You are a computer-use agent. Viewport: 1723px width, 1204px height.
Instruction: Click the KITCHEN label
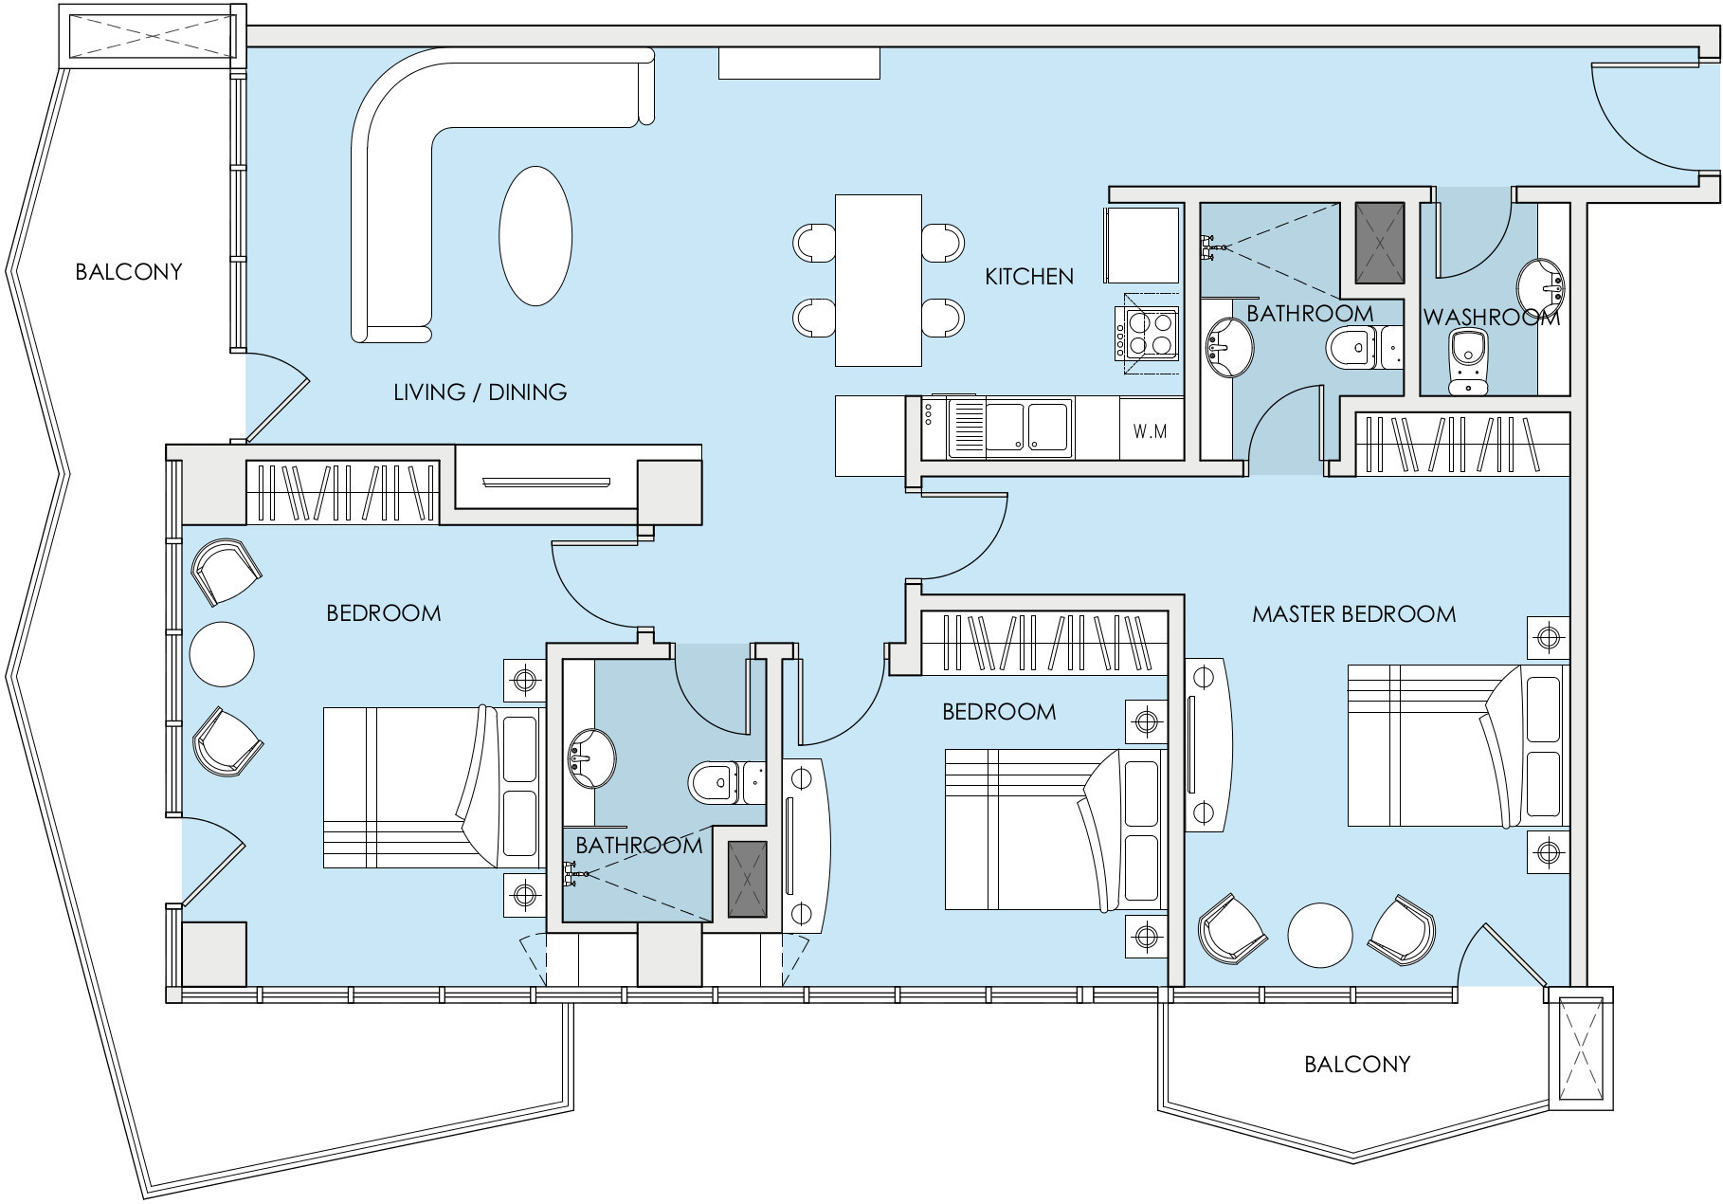coord(1029,277)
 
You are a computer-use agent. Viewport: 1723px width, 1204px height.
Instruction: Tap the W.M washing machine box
coord(1150,431)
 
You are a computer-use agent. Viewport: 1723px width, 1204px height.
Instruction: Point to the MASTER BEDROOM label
coord(1353,614)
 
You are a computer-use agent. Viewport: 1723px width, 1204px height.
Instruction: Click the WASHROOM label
coord(1491,318)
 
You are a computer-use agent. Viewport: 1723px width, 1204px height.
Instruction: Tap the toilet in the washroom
coord(1468,361)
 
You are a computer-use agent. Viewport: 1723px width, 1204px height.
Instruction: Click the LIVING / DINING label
coord(480,392)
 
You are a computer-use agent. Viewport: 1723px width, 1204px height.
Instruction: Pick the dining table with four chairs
coord(879,280)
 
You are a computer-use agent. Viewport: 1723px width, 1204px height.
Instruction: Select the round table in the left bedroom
coord(222,653)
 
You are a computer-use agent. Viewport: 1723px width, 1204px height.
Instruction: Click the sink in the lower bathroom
coord(590,757)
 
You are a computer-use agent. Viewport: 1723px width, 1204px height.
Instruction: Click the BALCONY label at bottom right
coord(1357,1065)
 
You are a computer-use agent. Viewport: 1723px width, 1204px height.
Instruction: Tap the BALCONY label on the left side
coord(129,272)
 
